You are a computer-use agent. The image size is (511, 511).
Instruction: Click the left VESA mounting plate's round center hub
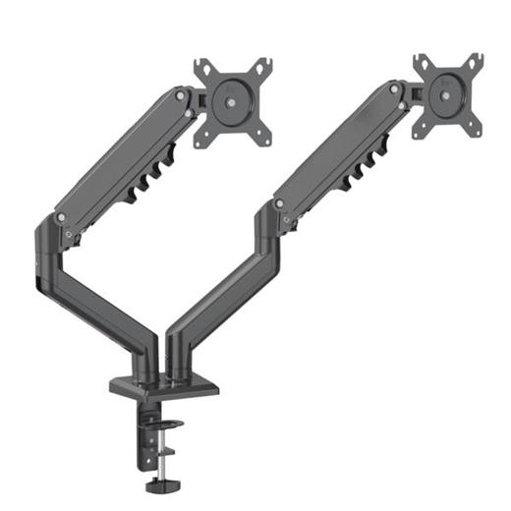pyautogui.click(x=232, y=101)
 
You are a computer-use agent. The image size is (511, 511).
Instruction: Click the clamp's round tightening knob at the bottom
pyautogui.click(x=157, y=484)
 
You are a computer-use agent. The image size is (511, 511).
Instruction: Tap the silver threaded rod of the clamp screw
pyautogui.click(x=158, y=463)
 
